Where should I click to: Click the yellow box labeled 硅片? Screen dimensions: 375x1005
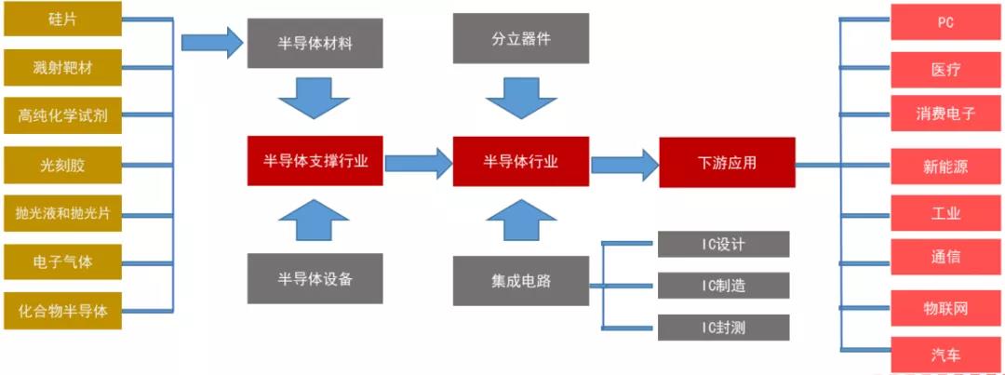tap(62, 19)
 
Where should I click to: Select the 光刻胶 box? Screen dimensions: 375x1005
tap(62, 165)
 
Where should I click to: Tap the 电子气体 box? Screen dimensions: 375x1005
tap(62, 261)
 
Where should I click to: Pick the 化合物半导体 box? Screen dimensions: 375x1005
tap(62, 310)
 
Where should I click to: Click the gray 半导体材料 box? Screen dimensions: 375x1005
tap(315, 42)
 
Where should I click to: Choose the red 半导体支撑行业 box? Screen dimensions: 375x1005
tap(315, 161)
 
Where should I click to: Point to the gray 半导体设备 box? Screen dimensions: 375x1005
tap(315, 278)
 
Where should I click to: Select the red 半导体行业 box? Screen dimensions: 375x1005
tap(521, 161)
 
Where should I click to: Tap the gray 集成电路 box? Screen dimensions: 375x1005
tap(521, 278)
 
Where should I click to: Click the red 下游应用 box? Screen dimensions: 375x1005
tap(727, 162)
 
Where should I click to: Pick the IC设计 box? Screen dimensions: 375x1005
tap(723, 244)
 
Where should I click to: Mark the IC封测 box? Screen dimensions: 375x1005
tap(723, 327)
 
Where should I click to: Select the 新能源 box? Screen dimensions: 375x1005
tap(945, 167)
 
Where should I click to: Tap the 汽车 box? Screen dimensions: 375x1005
tap(945, 355)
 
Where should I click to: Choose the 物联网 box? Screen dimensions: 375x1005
tap(945, 307)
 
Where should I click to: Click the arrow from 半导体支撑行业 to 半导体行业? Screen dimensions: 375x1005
tap(418, 163)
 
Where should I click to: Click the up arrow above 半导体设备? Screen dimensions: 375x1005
tap(315, 221)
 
